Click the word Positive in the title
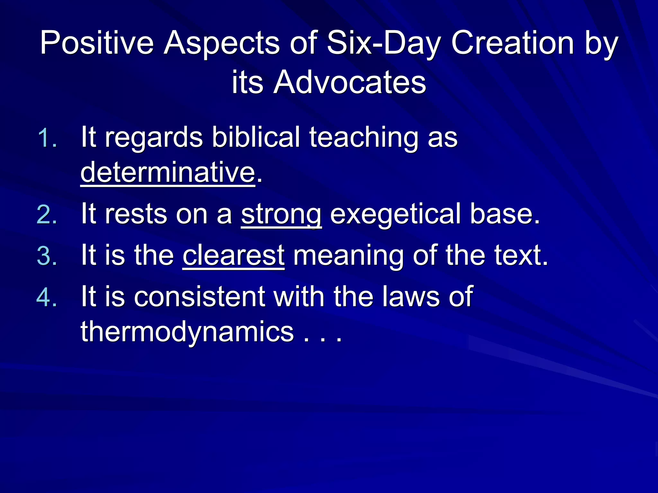point(97,43)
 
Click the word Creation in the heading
point(512,43)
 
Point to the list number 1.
point(47,138)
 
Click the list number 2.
point(47,214)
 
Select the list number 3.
point(47,256)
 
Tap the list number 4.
point(47,297)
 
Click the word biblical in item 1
point(256,137)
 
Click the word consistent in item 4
point(200,297)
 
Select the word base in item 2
point(504,214)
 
